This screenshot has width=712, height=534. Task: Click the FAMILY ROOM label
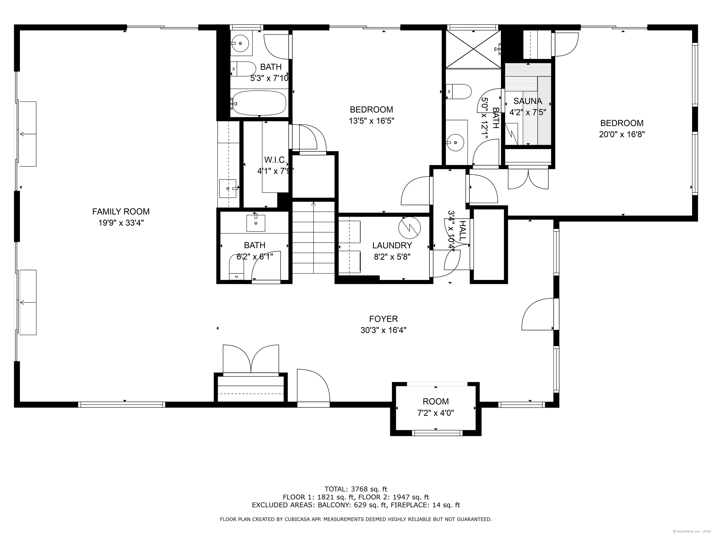point(121,211)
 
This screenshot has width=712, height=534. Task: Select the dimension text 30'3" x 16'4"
point(383,330)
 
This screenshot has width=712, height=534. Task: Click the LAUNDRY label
point(392,245)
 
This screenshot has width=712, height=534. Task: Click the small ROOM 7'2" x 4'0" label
point(435,401)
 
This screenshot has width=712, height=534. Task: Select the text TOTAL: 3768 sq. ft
point(356,489)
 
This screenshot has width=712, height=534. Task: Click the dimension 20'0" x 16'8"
point(622,134)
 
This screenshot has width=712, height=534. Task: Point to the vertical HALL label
point(462,231)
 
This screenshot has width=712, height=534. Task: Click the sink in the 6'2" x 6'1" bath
point(256,223)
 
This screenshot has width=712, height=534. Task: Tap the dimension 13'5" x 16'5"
point(372,121)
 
